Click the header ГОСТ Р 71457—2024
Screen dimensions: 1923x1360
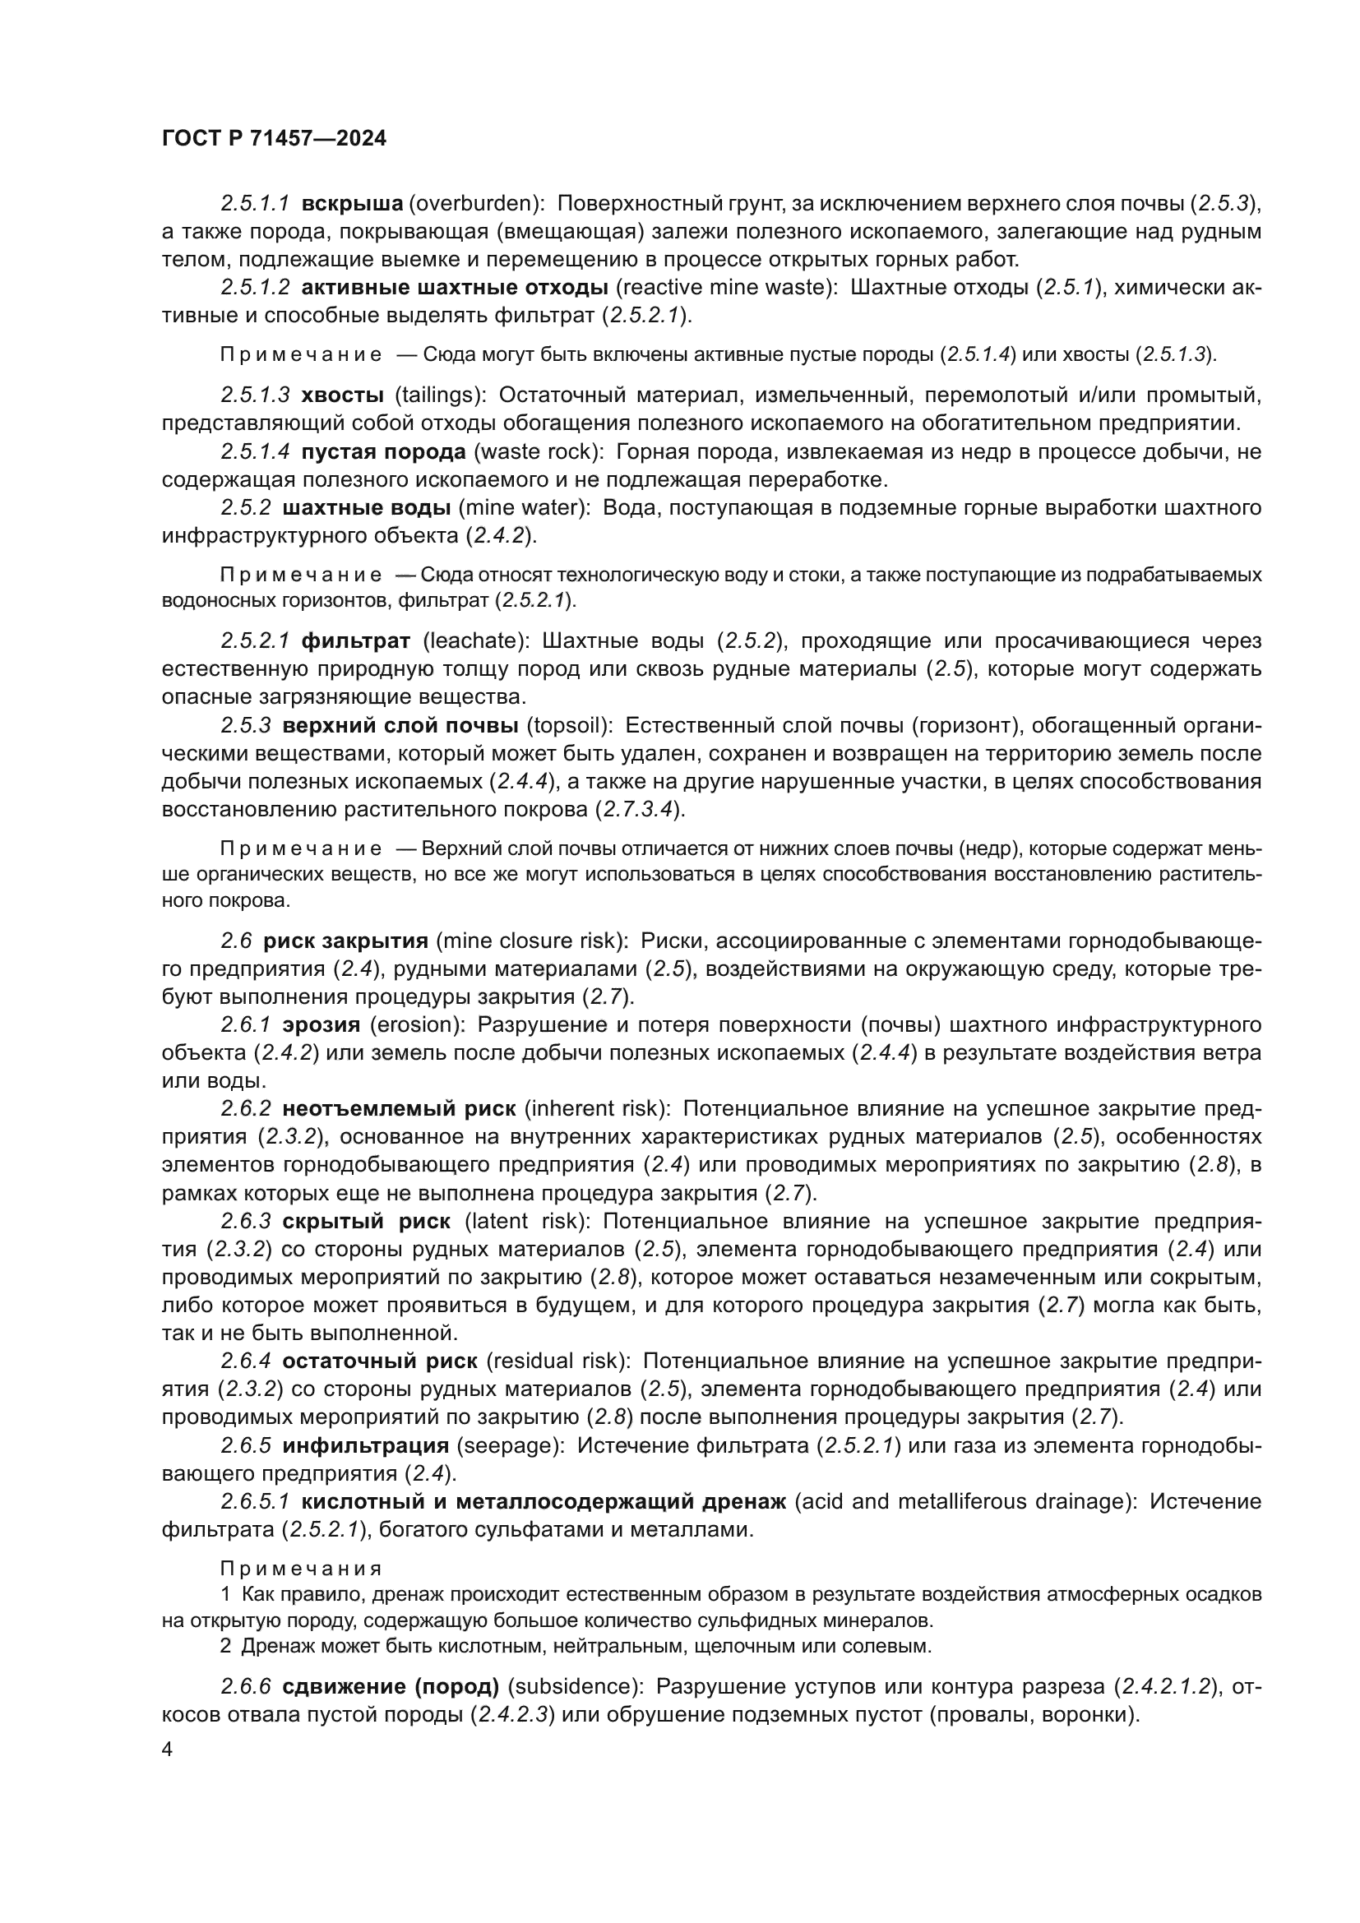tap(274, 139)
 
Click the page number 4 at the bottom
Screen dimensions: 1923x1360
tap(168, 1750)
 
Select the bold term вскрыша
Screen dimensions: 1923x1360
tap(352, 204)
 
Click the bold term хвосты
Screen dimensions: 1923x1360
tap(342, 395)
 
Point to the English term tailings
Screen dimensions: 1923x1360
tap(440, 395)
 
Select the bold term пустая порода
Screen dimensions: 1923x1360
tap(382, 452)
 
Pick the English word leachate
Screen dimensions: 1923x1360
tap(474, 641)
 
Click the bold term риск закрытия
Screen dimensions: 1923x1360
tap(345, 941)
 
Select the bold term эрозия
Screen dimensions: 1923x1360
tap(321, 1025)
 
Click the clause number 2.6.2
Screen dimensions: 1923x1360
tap(246, 1109)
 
